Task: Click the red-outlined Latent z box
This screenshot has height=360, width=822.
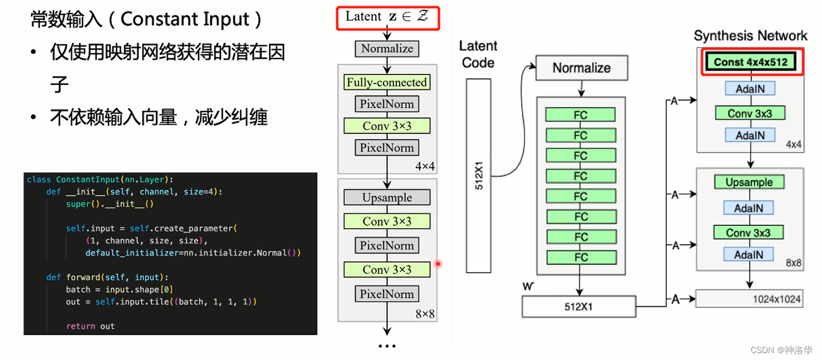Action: coord(388,17)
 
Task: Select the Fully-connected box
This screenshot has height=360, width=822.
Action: coord(386,82)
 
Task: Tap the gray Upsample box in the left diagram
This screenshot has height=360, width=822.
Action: coord(386,197)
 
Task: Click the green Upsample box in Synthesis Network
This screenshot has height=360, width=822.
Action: coord(749,182)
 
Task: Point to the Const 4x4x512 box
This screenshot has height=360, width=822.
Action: coord(750,62)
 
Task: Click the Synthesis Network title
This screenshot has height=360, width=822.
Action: coord(750,35)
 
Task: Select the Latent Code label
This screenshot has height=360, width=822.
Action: coord(478,54)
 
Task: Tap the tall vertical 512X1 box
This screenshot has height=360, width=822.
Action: coord(478,176)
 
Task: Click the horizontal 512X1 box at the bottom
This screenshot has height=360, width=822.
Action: coord(578,306)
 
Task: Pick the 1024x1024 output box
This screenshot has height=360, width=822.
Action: coord(749,299)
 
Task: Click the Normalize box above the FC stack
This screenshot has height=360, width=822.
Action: coord(581,68)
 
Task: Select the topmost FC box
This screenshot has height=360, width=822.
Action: coord(580,115)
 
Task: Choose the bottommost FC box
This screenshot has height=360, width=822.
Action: coord(580,257)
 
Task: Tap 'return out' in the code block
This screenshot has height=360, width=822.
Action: coord(90,326)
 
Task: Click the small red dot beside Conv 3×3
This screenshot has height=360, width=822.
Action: coord(438,264)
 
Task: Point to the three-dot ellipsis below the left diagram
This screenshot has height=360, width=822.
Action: coord(386,346)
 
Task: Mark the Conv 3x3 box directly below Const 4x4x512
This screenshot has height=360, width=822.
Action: coord(749,113)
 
